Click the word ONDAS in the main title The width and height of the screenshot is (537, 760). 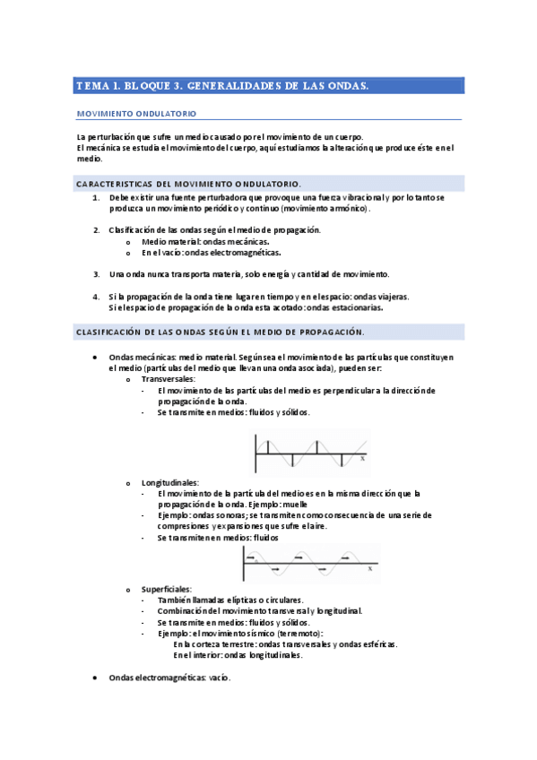(342, 86)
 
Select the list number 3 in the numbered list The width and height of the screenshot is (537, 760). (96, 274)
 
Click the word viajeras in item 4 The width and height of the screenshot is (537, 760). (389, 296)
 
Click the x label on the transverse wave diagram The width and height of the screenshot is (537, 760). (362, 458)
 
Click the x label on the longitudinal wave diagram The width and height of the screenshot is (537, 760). (368, 568)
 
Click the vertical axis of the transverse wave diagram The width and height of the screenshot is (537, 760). (256, 453)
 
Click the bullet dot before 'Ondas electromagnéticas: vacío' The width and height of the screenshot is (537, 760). (97, 678)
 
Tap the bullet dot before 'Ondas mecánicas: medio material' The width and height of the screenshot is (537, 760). (97, 358)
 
